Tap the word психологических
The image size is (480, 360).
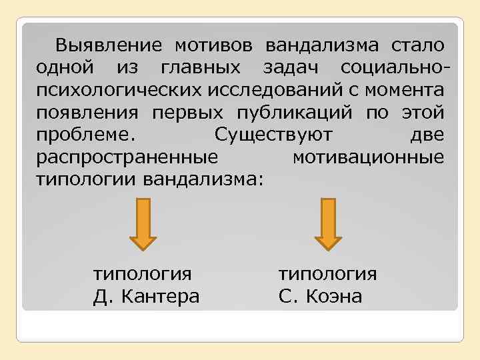click(121, 90)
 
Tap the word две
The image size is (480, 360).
click(427, 135)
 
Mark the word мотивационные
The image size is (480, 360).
click(368, 157)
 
